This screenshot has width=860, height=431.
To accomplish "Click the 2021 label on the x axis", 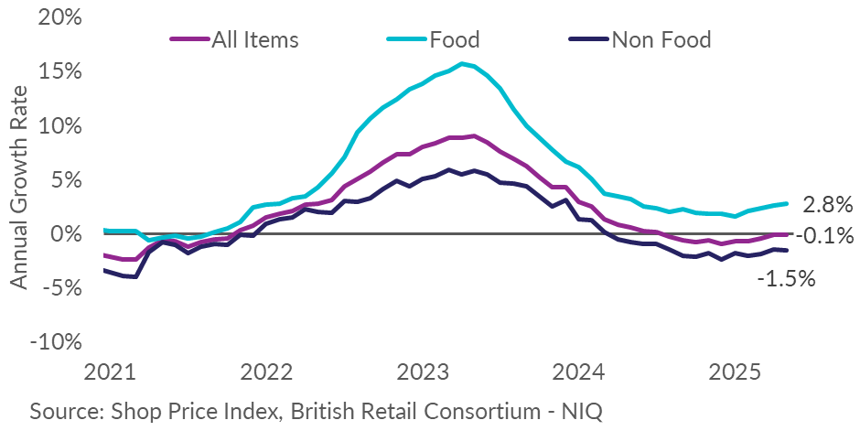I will (x=110, y=373).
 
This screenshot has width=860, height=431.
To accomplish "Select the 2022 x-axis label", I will (x=266, y=373).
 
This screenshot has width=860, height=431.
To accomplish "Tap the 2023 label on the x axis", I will (x=423, y=373).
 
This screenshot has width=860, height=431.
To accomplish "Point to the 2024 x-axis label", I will (x=579, y=373).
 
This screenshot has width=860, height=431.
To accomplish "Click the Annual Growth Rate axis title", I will (x=20, y=188).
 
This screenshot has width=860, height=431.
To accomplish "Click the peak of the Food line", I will (x=462, y=63).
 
